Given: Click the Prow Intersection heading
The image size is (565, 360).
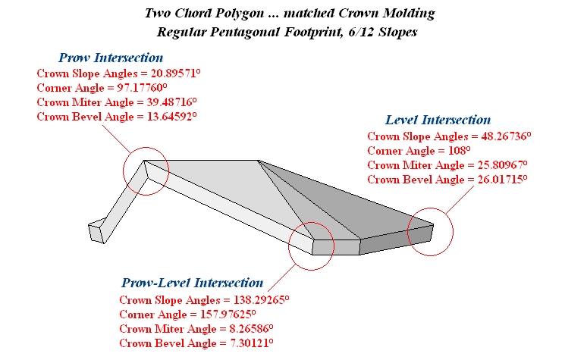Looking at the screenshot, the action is click(111, 58).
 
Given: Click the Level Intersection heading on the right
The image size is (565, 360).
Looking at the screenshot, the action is click(438, 120).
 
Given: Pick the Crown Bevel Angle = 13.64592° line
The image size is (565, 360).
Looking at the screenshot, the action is click(117, 116).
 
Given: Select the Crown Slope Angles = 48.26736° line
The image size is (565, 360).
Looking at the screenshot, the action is click(449, 136).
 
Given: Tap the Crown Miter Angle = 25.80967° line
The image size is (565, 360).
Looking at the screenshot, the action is click(447, 164).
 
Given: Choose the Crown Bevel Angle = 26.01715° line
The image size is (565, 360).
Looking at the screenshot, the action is click(447, 179).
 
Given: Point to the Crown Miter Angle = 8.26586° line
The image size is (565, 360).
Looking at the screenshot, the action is click(196, 327).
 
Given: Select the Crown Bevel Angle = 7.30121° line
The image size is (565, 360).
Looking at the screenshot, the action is click(196, 342).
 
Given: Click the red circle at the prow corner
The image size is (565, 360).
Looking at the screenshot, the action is click(145, 171).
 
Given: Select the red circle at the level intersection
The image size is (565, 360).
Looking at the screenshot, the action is click(430, 233).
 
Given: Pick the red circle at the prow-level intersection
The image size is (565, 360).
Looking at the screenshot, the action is click(311, 246).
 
